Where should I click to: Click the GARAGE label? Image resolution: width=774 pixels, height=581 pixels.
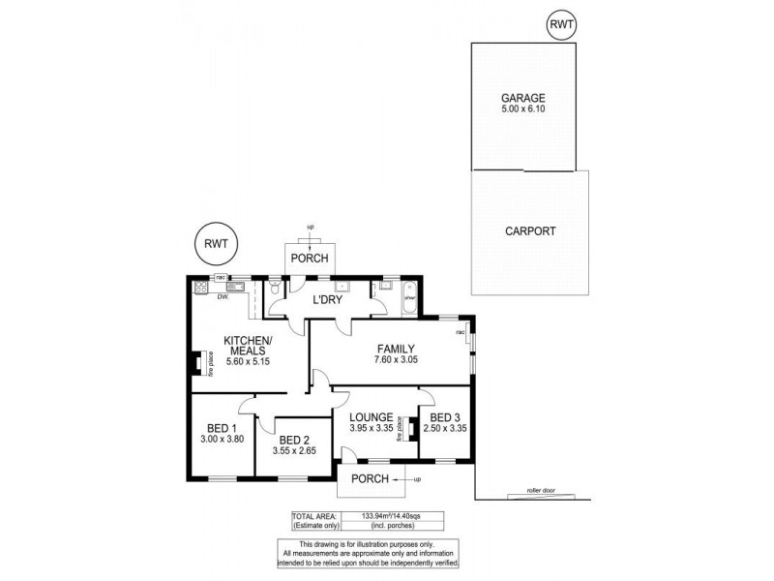tap(522, 98)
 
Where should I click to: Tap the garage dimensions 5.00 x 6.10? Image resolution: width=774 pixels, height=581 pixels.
tap(522, 110)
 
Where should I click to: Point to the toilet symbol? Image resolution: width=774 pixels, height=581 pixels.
tap(276, 289)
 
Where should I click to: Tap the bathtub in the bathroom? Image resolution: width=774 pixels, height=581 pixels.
tap(407, 294)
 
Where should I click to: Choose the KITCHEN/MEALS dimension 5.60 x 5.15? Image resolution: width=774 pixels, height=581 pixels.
tap(249, 361)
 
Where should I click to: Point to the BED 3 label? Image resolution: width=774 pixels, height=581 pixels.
tap(448, 418)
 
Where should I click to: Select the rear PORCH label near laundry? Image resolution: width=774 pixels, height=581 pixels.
tap(310, 259)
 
